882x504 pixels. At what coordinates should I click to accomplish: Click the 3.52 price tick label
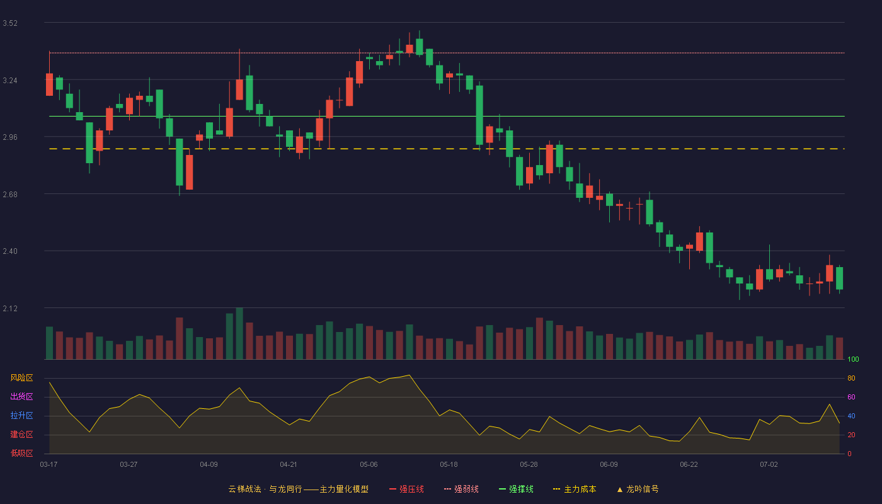[10, 23]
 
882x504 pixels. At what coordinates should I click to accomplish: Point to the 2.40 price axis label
[10, 251]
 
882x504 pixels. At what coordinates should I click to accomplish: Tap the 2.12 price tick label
[10, 308]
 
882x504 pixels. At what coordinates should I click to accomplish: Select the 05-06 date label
[369, 465]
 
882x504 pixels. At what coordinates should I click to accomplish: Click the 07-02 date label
[769, 465]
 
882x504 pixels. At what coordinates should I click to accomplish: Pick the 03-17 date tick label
[49, 465]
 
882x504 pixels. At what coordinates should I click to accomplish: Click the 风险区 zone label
[21, 378]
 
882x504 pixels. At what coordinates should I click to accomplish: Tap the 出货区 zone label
[21, 396]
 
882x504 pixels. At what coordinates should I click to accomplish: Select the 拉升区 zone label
[21, 415]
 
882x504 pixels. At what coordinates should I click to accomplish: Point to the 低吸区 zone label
[21, 453]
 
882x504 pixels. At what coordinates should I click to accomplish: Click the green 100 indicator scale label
[853, 359]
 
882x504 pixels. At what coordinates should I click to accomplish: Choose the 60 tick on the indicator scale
[851, 397]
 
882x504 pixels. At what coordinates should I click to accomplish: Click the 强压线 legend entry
[406, 489]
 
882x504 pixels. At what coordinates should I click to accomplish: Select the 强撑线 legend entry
[516, 489]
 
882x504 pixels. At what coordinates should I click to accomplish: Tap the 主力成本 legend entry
[575, 489]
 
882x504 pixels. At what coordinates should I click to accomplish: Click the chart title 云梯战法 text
[245, 489]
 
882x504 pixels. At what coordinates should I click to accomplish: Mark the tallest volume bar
[239, 333]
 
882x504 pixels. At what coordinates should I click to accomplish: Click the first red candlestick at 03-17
[49, 84]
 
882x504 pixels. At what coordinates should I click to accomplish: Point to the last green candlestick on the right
[839, 278]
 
